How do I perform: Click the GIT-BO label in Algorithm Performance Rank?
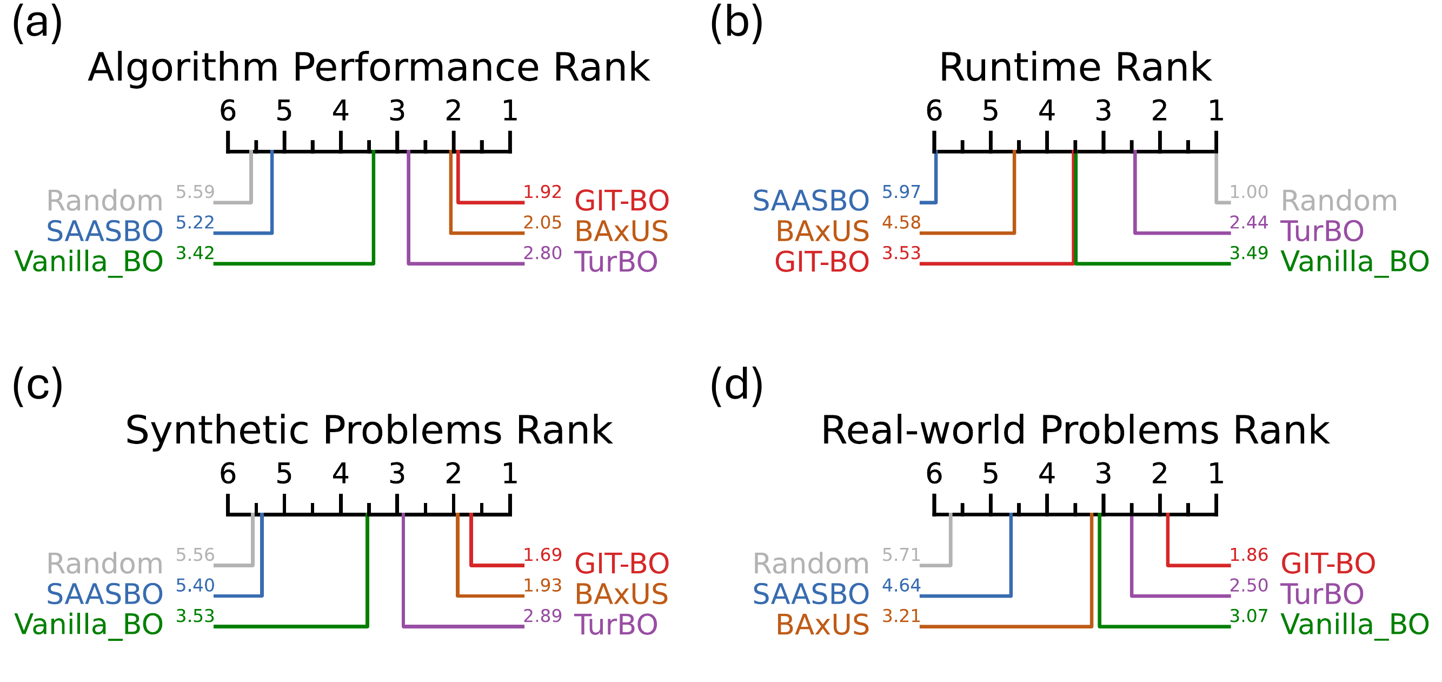tap(622, 201)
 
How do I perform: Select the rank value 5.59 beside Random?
tap(195, 192)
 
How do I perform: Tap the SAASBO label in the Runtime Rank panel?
tap(810, 201)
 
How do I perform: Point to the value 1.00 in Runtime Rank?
tap(1249, 192)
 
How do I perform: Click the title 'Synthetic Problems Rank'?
tap(369, 430)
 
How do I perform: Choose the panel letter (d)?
tap(736, 385)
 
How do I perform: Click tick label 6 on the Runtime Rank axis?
tap(934, 111)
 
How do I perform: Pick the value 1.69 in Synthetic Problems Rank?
tap(542, 555)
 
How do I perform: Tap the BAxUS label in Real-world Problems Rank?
tap(822, 625)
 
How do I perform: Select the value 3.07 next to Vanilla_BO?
tap(1249, 616)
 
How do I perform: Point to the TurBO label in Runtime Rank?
tap(1322, 231)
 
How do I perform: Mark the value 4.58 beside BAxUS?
tap(901, 223)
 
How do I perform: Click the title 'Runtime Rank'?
tap(1075, 67)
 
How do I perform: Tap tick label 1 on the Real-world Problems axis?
tap(1215, 474)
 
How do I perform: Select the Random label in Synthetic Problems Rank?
tap(105, 564)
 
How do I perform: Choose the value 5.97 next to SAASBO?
tap(901, 192)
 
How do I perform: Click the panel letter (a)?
tap(37, 22)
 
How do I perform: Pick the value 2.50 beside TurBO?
tap(1249, 586)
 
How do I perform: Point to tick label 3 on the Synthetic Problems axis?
tap(397, 474)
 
